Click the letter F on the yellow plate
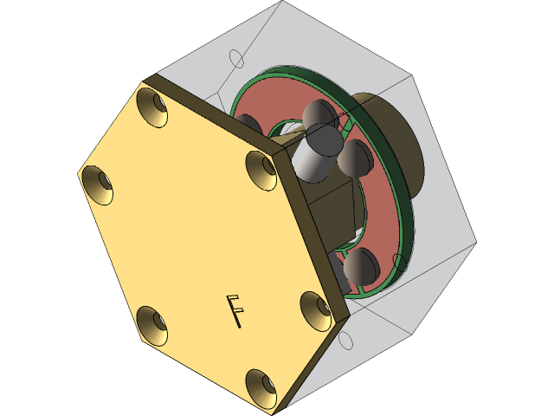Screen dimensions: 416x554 (x=234, y=311)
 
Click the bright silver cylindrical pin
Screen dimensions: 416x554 (x=313, y=154)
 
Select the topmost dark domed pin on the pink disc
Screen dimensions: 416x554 (x=318, y=114)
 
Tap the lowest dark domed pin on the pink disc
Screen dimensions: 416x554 (x=358, y=268)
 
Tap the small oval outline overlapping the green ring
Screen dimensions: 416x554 (x=400, y=262)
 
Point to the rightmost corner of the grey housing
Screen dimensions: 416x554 (x=475, y=240)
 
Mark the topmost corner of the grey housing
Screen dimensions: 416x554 (x=282, y=3)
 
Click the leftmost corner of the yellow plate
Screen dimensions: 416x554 (x=79, y=170)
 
